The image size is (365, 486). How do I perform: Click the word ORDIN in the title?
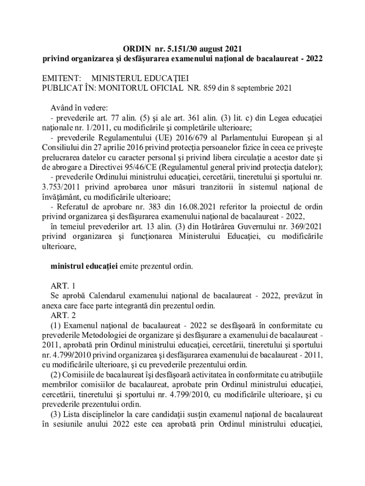(x=135, y=48)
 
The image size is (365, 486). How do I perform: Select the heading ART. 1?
(x=63, y=286)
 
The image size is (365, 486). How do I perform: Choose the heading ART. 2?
(x=63, y=316)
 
